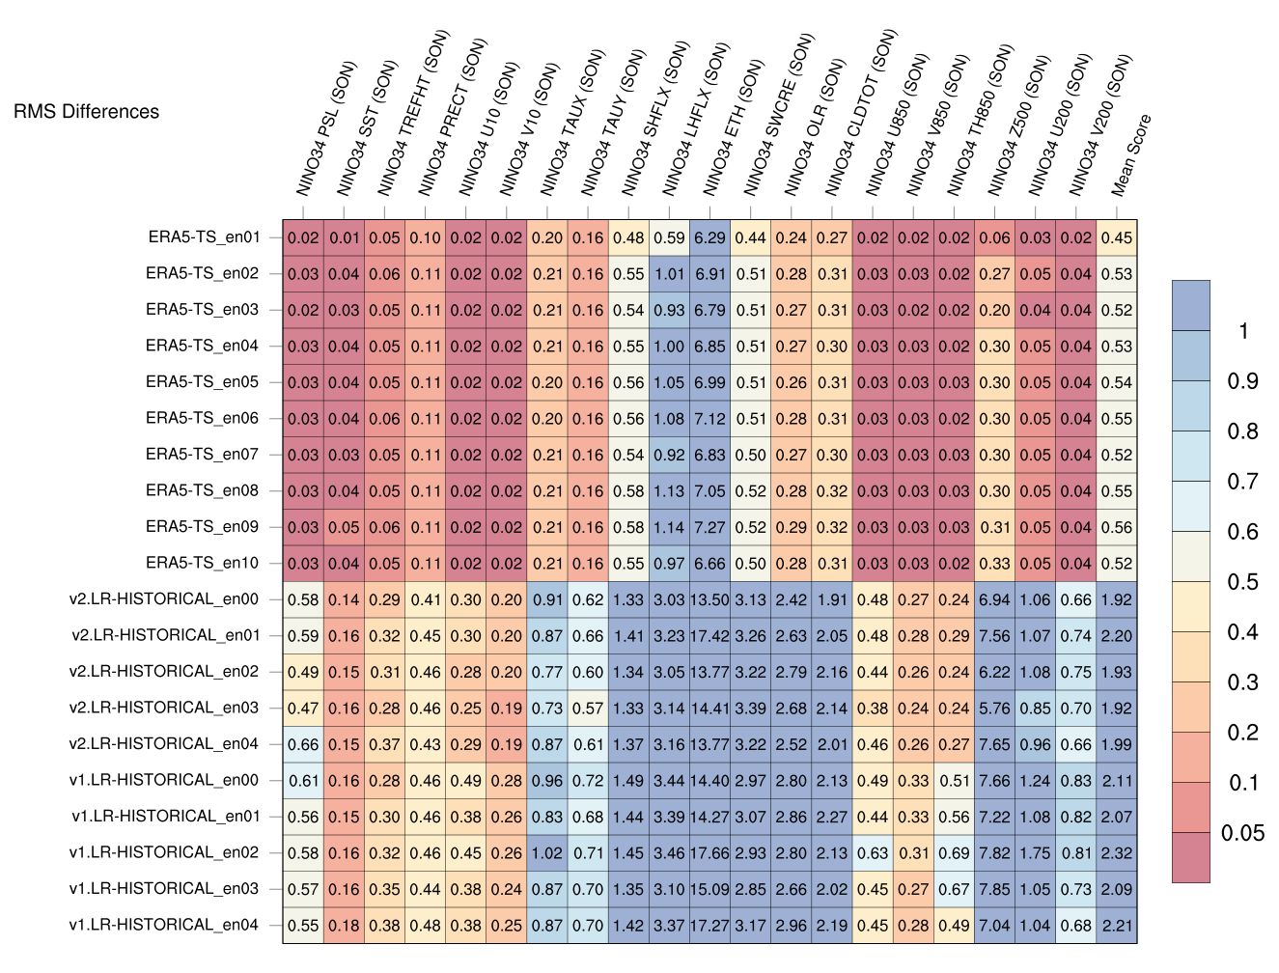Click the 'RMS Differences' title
coord(86,112)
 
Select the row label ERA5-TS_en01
coord(204,237)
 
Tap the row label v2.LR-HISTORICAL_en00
coord(164,599)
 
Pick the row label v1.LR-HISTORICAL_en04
coord(164,925)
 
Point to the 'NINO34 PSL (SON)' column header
coord(326,130)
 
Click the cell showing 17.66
coord(709,853)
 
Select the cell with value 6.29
coord(709,238)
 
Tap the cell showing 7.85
coord(994,889)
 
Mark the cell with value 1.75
coord(1035,853)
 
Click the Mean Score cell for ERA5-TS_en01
coord(1117,238)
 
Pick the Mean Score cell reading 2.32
coord(1117,853)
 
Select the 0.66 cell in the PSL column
coord(303,744)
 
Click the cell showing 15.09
coord(709,889)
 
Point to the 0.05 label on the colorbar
coord(1242,833)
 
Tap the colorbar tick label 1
coord(1243,331)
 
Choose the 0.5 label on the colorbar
coord(1242,582)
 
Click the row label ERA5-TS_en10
coord(204,563)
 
